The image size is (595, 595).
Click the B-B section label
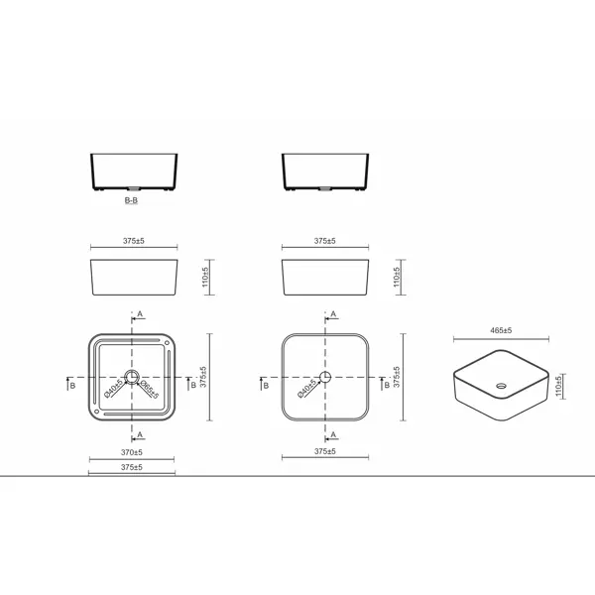click(x=131, y=200)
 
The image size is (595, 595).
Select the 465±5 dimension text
click(x=501, y=330)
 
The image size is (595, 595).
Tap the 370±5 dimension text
click(x=132, y=452)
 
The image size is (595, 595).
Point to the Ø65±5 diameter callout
click(x=150, y=390)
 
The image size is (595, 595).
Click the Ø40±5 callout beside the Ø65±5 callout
click(x=113, y=388)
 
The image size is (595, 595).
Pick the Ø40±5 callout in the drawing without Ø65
click(x=307, y=388)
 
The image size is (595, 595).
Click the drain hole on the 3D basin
click(x=501, y=386)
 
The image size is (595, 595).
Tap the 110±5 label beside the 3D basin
click(x=558, y=387)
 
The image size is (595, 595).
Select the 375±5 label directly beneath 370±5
click(x=132, y=467)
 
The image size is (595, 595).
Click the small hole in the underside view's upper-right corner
click(x=167, y=343)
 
